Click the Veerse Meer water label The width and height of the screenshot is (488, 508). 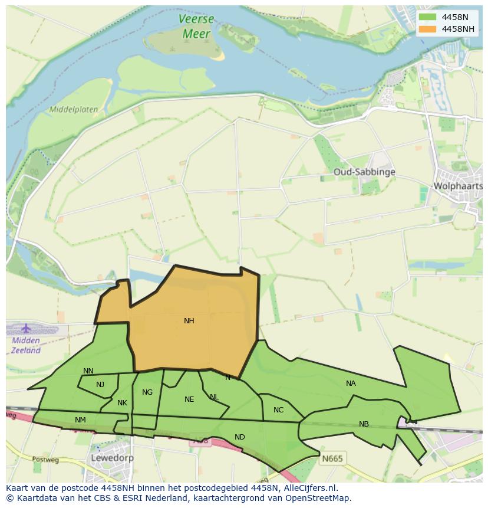[196, 27]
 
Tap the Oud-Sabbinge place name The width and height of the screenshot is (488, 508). [364, 172]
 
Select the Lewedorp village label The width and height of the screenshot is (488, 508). [112, 457]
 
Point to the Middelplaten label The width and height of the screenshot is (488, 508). [74, 109]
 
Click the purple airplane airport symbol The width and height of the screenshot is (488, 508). [26, 328]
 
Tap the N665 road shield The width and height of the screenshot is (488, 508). [332, 458]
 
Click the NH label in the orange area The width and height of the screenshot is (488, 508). [189, 321]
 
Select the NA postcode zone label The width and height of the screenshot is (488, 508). [351, 384]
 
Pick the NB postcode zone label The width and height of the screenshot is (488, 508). [364, 424]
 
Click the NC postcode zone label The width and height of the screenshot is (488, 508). [279, 410]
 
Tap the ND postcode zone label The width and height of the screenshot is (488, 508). [239, 437]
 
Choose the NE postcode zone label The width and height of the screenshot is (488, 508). [189, 399]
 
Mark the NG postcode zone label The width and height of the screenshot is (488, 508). [147, 392]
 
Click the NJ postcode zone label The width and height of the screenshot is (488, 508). [100, 385]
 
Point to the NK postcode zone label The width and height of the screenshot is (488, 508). [122, 403]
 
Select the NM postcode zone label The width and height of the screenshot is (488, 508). [81, 419]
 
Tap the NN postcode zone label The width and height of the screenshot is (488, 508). [88, 371]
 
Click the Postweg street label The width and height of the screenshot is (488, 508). [42, 459]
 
